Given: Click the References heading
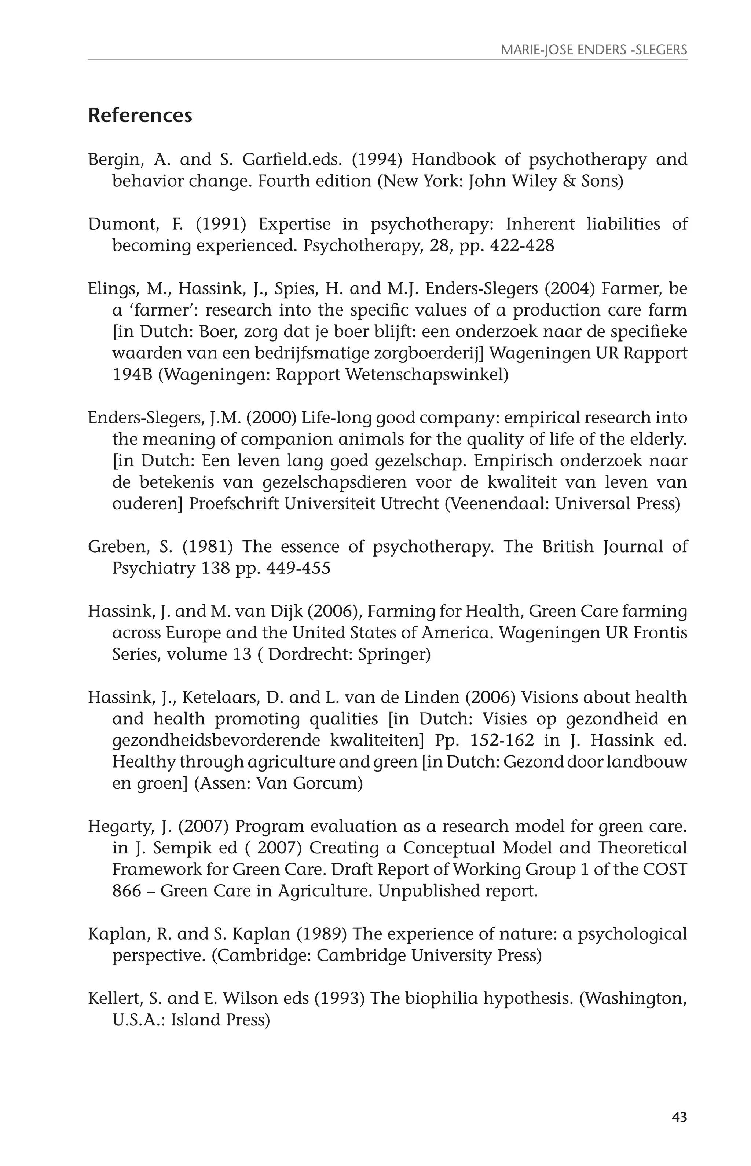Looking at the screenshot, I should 140,116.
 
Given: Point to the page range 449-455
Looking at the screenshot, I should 298,568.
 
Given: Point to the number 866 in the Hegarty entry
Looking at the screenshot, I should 126,891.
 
